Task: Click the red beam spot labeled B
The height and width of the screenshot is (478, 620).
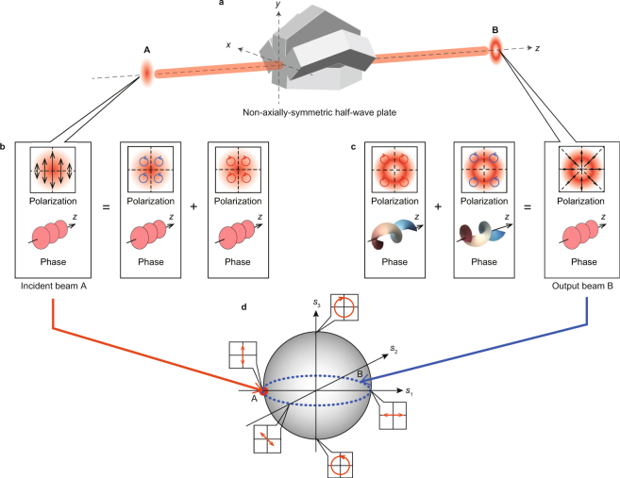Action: (494, 51)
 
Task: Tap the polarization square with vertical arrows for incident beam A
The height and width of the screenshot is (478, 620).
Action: (53, 170)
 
